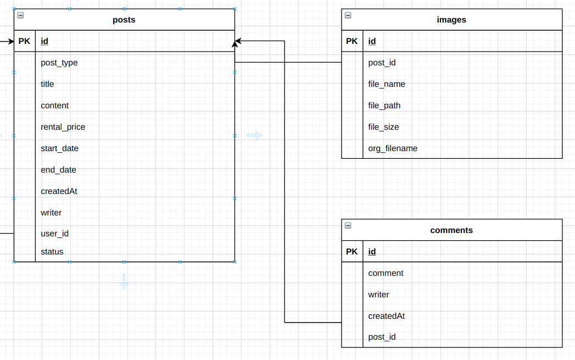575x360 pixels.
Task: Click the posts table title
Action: point(124,20)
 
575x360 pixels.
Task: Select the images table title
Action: point(451,20)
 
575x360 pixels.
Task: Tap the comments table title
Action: point(451,230)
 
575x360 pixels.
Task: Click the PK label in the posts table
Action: point(24,41)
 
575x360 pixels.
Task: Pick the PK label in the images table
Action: point(352,41)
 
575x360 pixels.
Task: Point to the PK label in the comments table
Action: point(352,252)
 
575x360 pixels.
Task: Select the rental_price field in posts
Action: point(63,127)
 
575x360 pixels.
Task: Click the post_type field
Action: point(59,63)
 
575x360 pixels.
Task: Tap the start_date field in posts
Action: point(59,148)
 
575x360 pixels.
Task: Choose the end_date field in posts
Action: point(58,170)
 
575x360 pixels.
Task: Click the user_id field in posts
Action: point(54,234)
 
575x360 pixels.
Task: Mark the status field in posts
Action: point(52,252)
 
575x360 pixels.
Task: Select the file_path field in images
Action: point(384,106)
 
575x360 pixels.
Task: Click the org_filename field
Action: point(393,148)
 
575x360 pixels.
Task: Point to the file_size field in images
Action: point(383,127)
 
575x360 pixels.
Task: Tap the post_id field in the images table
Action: point(382,63)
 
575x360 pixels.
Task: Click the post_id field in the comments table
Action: point(382,337)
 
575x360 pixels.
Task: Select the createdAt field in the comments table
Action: point(386,316)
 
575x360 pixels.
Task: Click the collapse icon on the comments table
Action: point(348,225)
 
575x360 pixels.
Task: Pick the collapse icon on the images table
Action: point(348,15)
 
